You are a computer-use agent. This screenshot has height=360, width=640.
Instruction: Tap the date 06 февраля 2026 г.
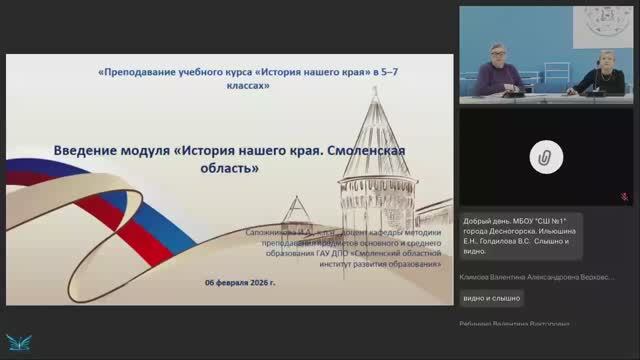pos(240,283)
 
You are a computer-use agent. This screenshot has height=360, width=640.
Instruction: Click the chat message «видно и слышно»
pos(491,298)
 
